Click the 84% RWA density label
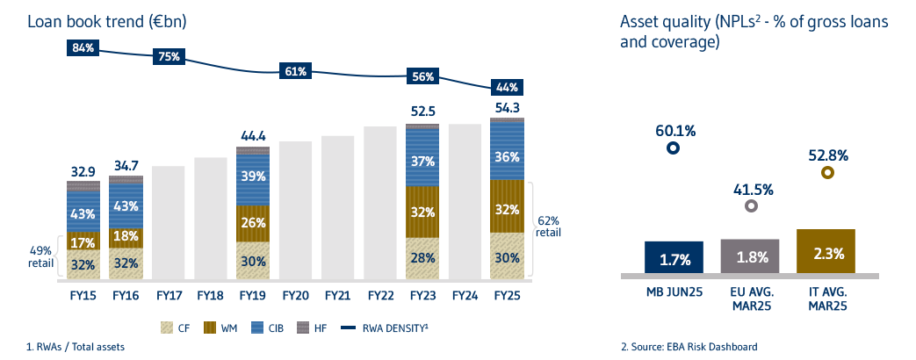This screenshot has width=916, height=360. [x=83, y=47]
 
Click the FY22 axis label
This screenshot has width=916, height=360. [x=380, y=296]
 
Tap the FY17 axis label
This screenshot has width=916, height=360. [x=169, y=296]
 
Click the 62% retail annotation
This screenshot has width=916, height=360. [x=548, y=227]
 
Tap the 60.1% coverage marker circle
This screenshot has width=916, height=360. [x=673, y=148]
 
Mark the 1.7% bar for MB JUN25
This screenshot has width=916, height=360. [x=674, y=258]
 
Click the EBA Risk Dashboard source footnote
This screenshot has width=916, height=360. [x=689, y=346]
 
